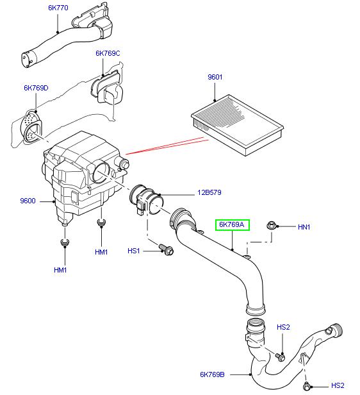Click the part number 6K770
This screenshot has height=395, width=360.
(x=58, y=8)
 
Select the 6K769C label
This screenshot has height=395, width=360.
(x=108, y=53)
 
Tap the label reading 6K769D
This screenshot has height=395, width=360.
(x=36, y=87)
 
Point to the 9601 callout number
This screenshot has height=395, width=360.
(x=214, y=78)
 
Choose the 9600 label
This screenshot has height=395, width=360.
(x=28, y=201)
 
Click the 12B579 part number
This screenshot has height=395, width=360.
(x=209, y=192)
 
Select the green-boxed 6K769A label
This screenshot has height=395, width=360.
(x=233, y=225)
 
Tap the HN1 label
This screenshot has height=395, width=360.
(x=304, y=227)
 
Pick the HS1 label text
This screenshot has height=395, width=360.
(x=135, y=251)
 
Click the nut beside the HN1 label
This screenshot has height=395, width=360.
(x=271, y=225)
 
